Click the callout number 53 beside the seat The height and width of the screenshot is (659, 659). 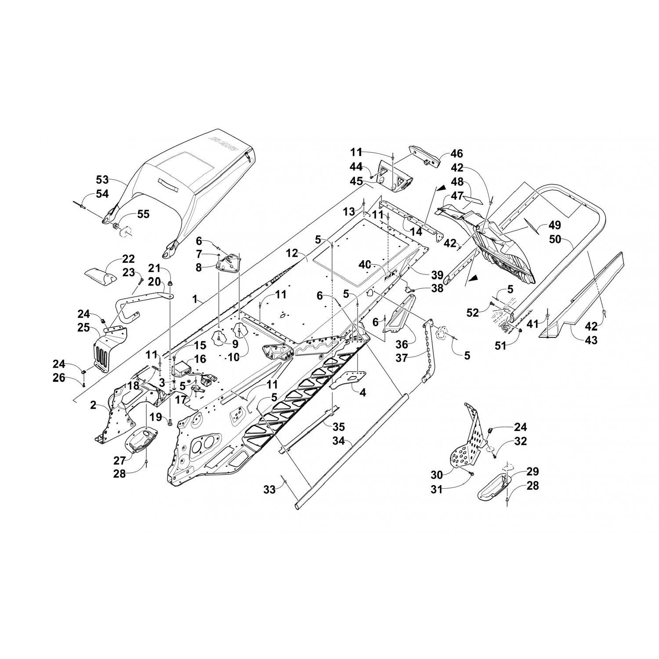click(x=102, y=180)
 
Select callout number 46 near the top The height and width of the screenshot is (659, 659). click(x=457, y=154)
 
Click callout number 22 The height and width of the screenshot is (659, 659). click(x=129, y=259)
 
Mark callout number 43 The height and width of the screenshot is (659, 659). click(x=591, y=340)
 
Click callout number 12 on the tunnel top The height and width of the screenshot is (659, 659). click(x=292, y=253)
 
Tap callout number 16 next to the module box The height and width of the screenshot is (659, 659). click(x=200, y=359)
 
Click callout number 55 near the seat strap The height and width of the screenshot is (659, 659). click(x=143, y=214)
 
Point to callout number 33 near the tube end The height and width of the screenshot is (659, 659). click(x=270, y=489)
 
